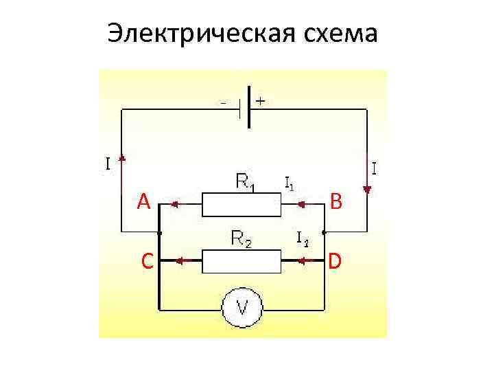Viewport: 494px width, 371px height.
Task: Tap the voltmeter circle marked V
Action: (x=242, y=308)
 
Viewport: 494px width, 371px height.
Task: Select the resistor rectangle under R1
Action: (x=242, y=204)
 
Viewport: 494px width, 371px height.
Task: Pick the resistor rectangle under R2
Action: (x=242, y=261)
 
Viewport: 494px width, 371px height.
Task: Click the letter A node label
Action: (x=143, y=202)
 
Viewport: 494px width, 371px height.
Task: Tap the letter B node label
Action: (x=336, y=201)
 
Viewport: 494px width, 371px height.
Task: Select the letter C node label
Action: (x=146, y=261)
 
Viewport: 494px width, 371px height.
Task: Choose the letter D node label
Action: (x=336, y=261)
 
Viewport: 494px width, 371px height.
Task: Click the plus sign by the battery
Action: (x=261, y=100)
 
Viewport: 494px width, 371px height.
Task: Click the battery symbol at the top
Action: (x=244, y=108)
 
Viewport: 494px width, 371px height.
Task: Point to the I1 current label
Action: (x=290, y=183)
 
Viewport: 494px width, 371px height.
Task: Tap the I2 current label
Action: (x=302, y=239)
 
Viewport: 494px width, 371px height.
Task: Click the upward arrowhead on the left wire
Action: (x=122, y=159)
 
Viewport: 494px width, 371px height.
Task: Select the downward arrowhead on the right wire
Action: (x=367, y=189)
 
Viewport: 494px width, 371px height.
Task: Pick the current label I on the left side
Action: (x=108, y=164)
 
